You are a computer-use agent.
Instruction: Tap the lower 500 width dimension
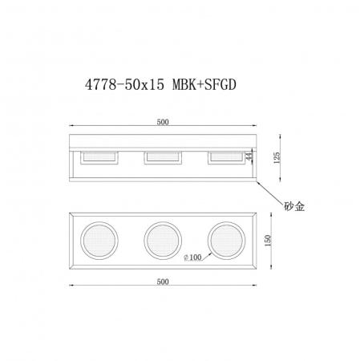tap(164, 282)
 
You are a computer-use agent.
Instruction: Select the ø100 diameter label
tap(195, 257)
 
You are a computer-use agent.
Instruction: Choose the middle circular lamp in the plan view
tap(164, 241)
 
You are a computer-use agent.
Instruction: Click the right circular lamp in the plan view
tap(225, 241)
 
